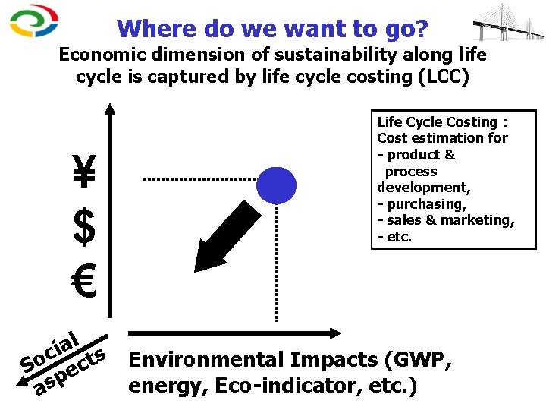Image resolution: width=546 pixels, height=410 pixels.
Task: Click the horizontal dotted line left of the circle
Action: pos(199,180)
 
